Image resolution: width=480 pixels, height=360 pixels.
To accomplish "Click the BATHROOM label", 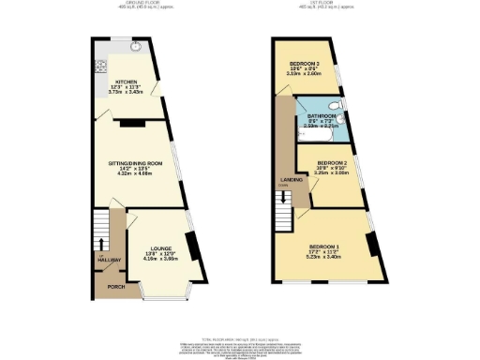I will (323, 115).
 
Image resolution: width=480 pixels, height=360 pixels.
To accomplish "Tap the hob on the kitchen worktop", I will (97, 67).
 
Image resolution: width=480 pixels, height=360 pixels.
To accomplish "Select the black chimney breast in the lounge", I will (192, 246).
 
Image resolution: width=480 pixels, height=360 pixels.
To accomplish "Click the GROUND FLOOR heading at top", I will (127, 4).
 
